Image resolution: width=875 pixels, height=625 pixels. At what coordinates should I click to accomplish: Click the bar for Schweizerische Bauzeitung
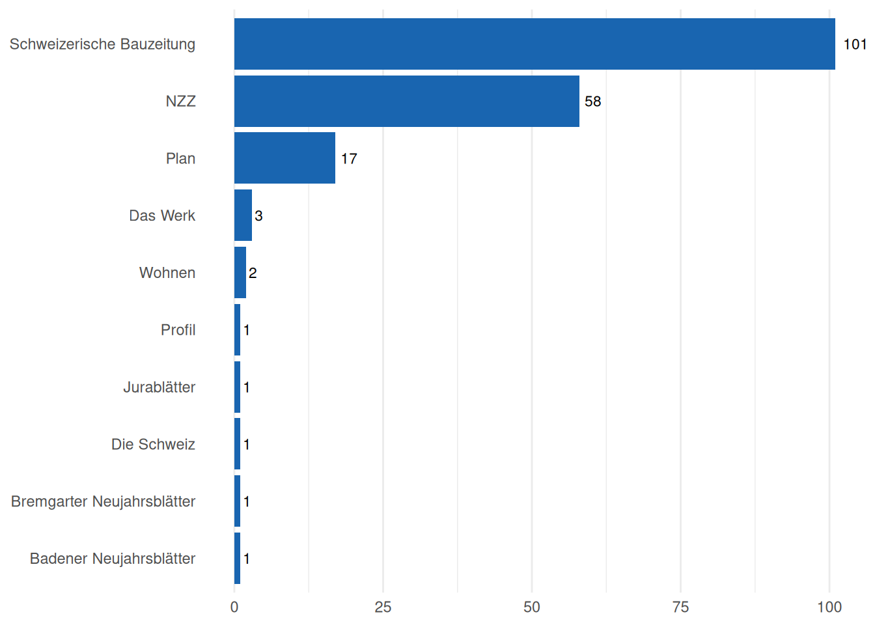(534, 44)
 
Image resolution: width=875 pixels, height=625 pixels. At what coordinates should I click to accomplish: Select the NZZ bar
(406, 101)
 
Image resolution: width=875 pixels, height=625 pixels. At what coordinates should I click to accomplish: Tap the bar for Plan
(285, 158)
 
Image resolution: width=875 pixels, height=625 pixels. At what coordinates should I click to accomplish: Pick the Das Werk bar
(243, 215)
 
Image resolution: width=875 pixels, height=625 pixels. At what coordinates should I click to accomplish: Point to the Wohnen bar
(240, 273)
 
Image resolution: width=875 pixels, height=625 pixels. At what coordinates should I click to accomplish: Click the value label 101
(855, 44)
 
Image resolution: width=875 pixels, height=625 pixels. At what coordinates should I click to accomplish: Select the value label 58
(592, 102)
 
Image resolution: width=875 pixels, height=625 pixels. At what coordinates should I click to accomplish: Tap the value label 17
(349, 159)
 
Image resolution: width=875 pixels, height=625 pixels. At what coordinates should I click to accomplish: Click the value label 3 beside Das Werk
(258, 216)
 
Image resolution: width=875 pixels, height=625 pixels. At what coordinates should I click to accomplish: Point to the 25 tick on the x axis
(383, 607)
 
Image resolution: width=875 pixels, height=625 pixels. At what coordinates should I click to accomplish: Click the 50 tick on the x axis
(532, 607)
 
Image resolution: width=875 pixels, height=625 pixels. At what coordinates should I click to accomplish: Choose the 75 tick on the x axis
(680, 607)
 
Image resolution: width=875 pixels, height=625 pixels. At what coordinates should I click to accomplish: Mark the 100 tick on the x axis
(829, 607)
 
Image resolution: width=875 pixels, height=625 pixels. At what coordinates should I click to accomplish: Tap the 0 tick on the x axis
(234, 607)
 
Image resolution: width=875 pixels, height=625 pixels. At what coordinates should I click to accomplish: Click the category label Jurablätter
(160, 387)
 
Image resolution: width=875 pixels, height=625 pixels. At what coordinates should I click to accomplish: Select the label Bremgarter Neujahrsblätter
(104, 501)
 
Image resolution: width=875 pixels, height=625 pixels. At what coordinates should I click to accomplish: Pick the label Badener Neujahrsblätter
(113, 559)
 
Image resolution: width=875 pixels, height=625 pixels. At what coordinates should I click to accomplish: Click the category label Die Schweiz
(153, 445)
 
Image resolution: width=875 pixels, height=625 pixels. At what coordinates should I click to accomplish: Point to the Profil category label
(178, 330)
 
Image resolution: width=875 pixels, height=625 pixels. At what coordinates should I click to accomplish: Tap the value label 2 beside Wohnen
(253, 273)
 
